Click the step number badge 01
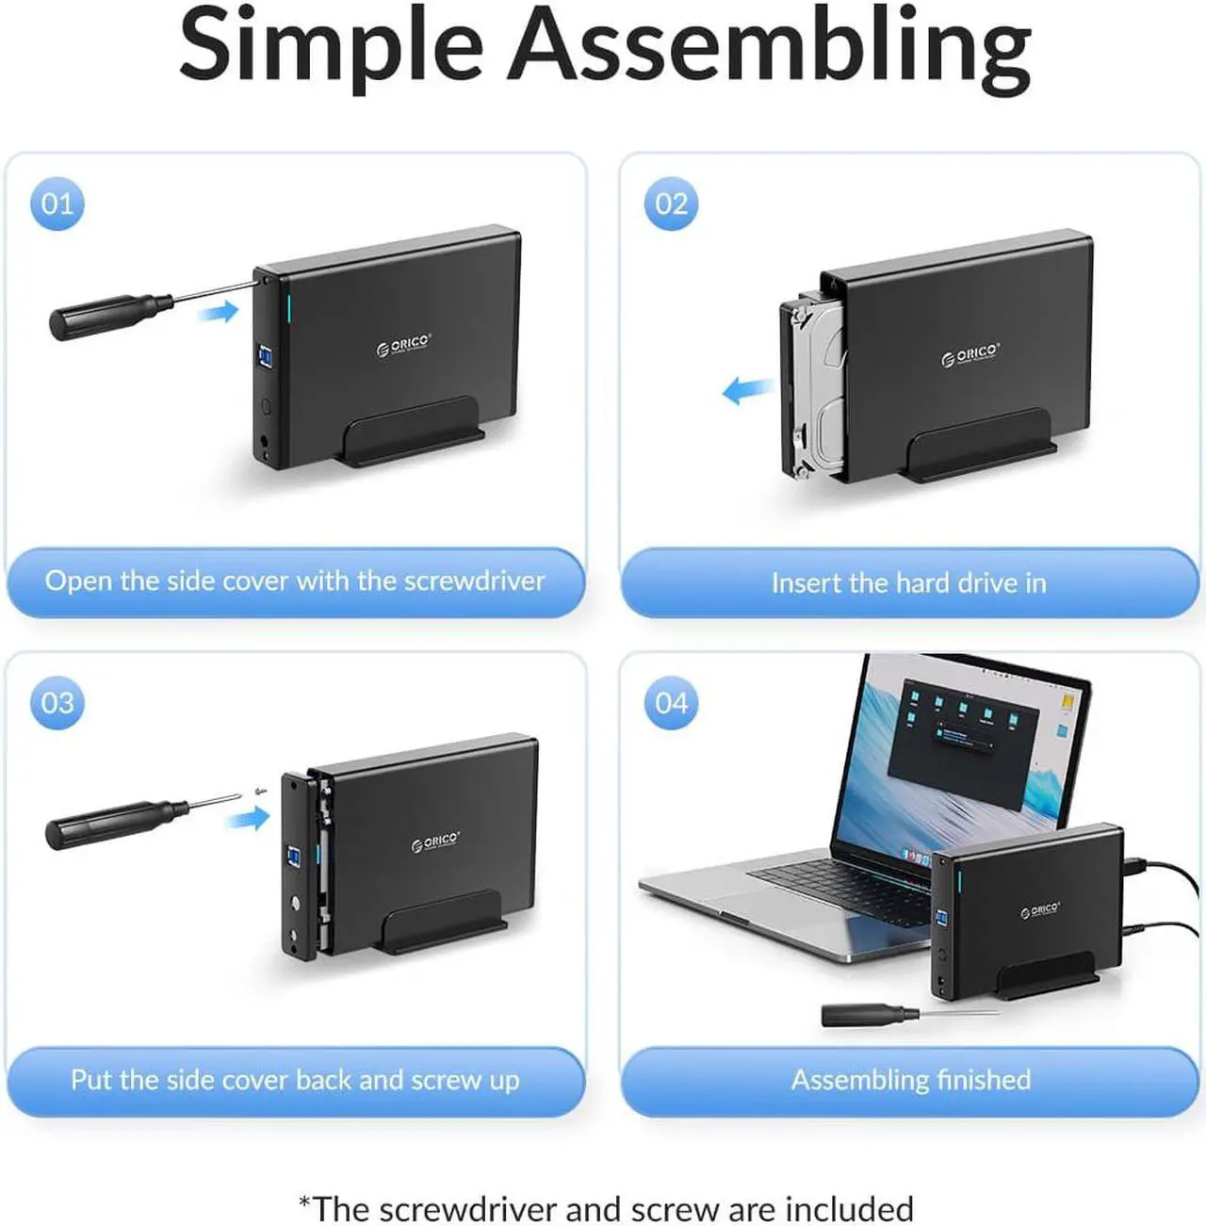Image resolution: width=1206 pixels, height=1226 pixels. pos(57,204)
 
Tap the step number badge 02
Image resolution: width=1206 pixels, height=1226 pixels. pos(672,204)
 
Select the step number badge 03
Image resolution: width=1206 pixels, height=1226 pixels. pos(57,702)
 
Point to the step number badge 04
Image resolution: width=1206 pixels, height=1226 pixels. pos(672,702)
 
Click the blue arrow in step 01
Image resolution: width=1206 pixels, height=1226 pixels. pos(218,312)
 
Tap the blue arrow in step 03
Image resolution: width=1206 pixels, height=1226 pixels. pos(248,817)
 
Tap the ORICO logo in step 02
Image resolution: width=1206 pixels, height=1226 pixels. pos(970,355)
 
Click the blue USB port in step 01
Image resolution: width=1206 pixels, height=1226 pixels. pos(265,356)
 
